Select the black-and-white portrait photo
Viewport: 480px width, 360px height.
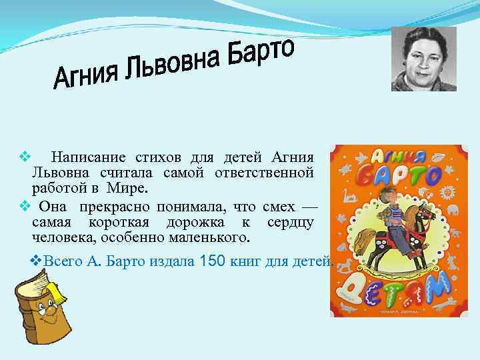(423, 59)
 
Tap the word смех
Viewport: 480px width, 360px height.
(278, 205)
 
